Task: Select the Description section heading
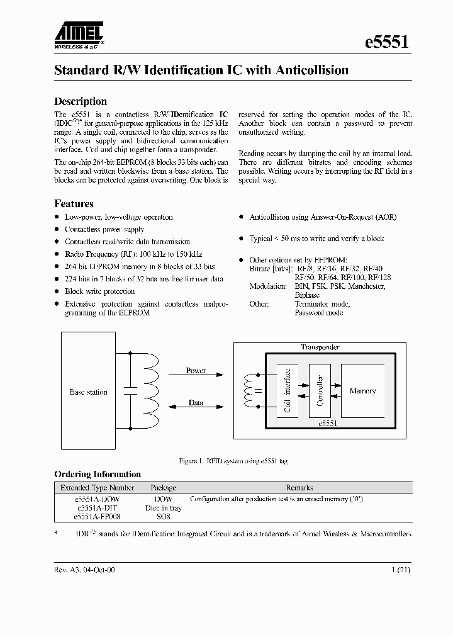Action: coord(81,101)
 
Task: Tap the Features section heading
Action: coord(74,204)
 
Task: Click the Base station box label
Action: coord(89,392)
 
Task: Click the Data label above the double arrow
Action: coord(196,402)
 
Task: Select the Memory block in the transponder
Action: coord(362,392)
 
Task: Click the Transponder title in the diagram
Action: coord(320,347)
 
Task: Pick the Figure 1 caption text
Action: coord(233,461)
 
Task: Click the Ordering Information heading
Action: coord(98,475)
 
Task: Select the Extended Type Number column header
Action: coord(97,488)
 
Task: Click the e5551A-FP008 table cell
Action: coord(97,517)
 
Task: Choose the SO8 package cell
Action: coord(162,517)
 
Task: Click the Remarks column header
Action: coord(299,488)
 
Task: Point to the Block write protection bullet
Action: coord(99,291)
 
